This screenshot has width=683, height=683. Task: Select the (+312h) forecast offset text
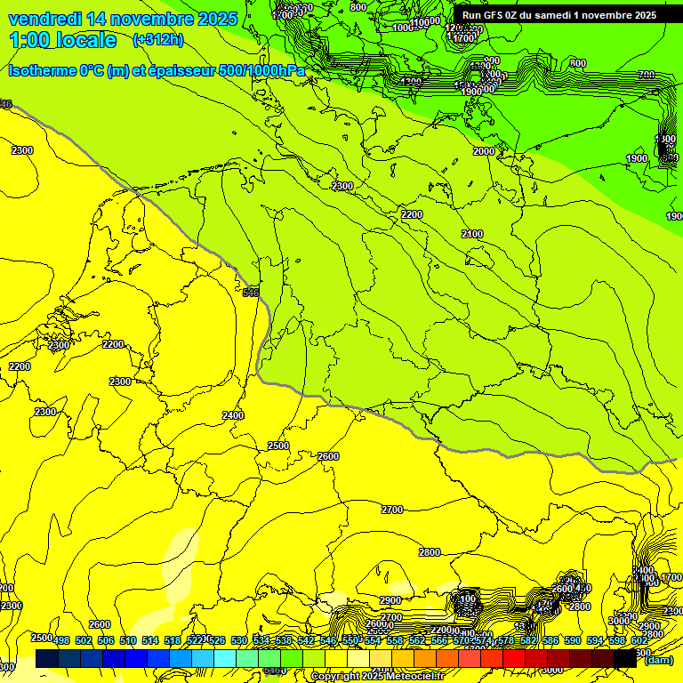tap(157, 39)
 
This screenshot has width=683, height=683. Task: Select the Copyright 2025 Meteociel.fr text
tap(377, 677)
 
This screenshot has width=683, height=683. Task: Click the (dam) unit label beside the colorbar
tap(658, 659)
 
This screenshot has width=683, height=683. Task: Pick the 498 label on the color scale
tap(61, 640)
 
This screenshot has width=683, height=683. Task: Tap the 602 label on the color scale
tap(639, 640)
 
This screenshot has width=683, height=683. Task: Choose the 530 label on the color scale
tap(239, 640)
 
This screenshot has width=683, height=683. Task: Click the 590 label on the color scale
tap(573, 640)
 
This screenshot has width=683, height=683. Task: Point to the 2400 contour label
tap(233, 415)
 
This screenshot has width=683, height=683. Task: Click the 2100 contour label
tap(472, 234)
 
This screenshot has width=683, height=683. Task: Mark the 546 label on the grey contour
tap(251, 292)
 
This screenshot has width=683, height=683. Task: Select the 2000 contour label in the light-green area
tap(483, 152)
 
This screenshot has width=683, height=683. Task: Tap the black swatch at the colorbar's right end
tap(625, 659)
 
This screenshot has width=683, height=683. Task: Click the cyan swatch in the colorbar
tap(225, 659)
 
